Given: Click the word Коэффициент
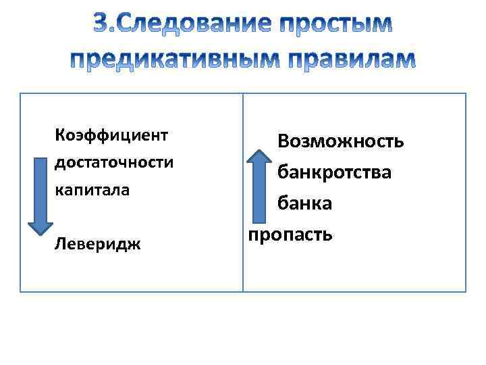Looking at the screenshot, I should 111,134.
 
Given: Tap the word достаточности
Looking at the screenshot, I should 114,162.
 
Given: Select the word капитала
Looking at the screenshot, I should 92,189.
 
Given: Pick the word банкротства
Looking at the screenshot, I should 333,172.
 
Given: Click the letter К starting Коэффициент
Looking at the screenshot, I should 59,134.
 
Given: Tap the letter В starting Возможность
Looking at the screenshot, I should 284,141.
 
